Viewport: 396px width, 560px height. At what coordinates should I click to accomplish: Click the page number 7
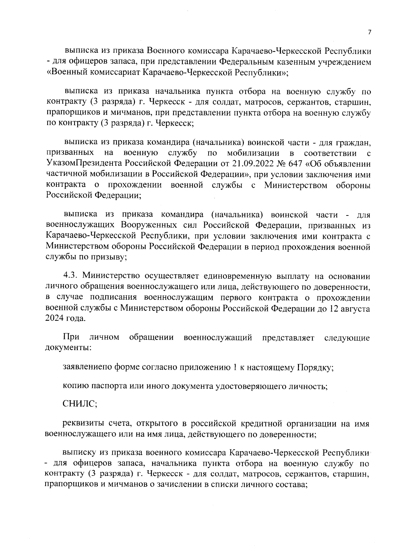tap(369, 32)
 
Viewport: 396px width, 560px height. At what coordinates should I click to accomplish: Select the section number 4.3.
tap(70, 276)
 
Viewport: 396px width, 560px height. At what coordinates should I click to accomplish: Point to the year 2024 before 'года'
tap(56, 319)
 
